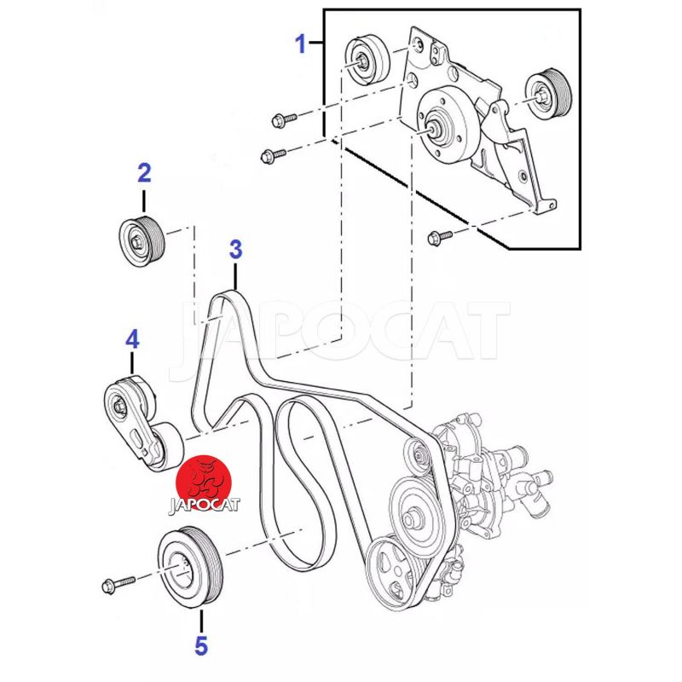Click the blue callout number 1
300,43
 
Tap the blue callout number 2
144,174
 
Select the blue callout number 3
235,250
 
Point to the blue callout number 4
132,339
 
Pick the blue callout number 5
201,645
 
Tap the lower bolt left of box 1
274,154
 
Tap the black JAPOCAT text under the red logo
204,505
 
